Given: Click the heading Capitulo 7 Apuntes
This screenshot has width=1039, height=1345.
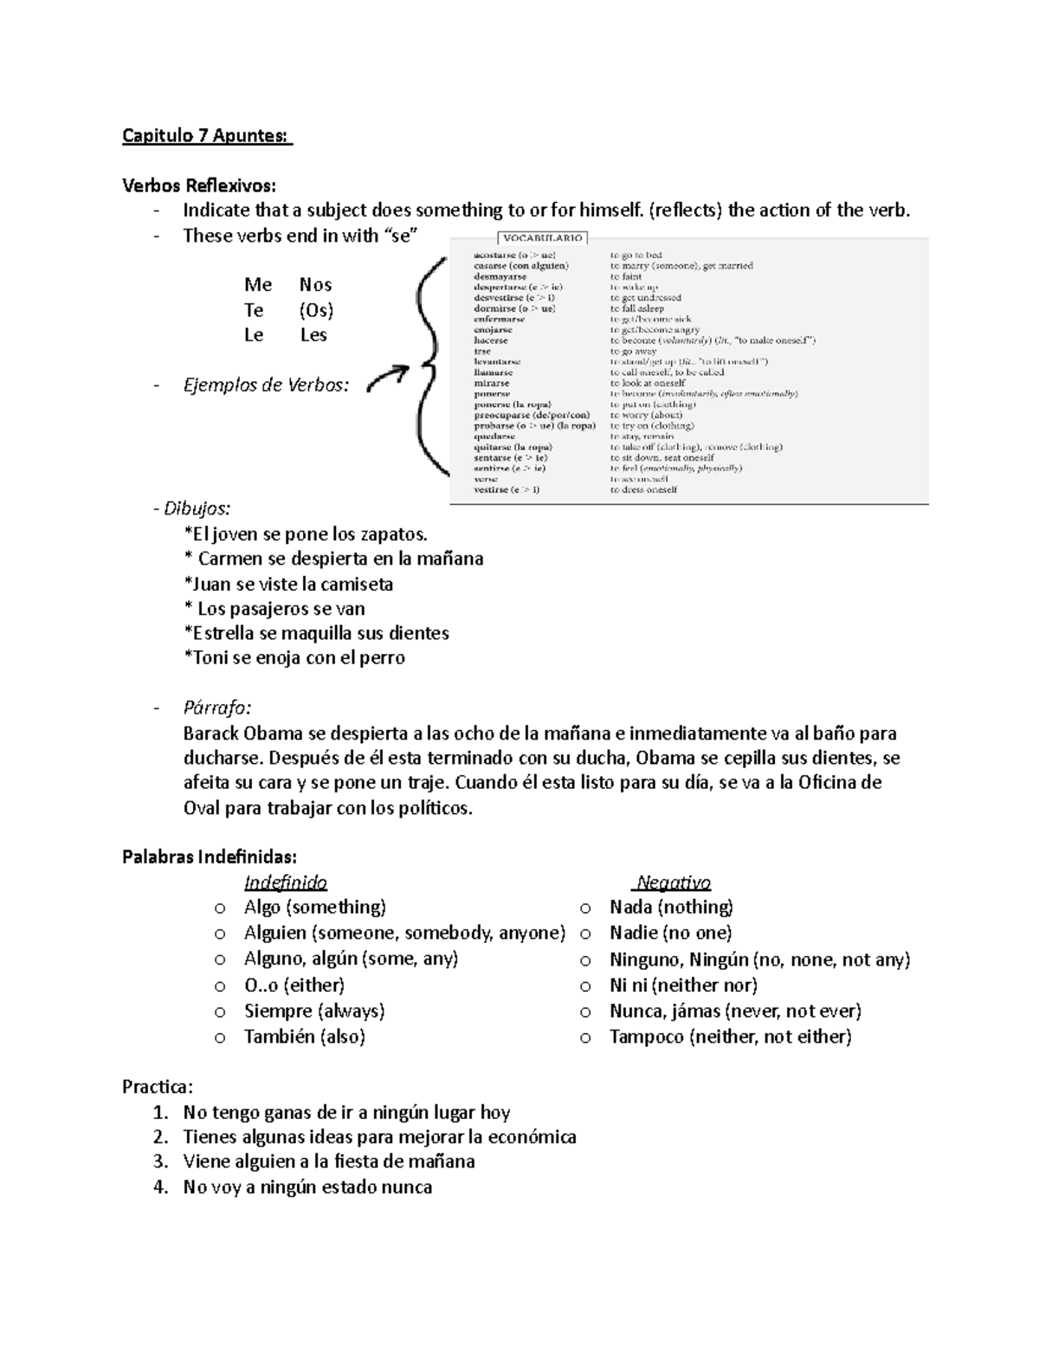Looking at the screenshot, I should click(x=207, y=136).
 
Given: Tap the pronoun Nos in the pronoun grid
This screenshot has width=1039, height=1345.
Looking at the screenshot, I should click(x=315, y=285).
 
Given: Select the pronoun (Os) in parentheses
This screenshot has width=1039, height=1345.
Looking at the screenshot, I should click(x=316, y=310).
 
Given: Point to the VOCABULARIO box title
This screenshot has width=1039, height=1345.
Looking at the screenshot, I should click(x=543, y=237).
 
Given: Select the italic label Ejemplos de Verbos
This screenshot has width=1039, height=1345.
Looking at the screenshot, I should click(x=266, y=385).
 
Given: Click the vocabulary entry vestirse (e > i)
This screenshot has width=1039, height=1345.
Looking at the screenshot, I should click(x=507, y=489).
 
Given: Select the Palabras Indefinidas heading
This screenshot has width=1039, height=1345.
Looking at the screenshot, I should click(x=209, y=857).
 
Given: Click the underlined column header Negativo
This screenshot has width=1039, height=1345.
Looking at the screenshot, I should click(x=673, y=883).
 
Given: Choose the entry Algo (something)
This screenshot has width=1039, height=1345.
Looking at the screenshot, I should click(x=314, y=907).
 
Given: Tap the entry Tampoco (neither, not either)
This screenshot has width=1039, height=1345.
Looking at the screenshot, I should click(x=730, y=1037).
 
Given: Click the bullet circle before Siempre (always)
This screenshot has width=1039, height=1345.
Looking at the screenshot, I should click(x=220, y=1012).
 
